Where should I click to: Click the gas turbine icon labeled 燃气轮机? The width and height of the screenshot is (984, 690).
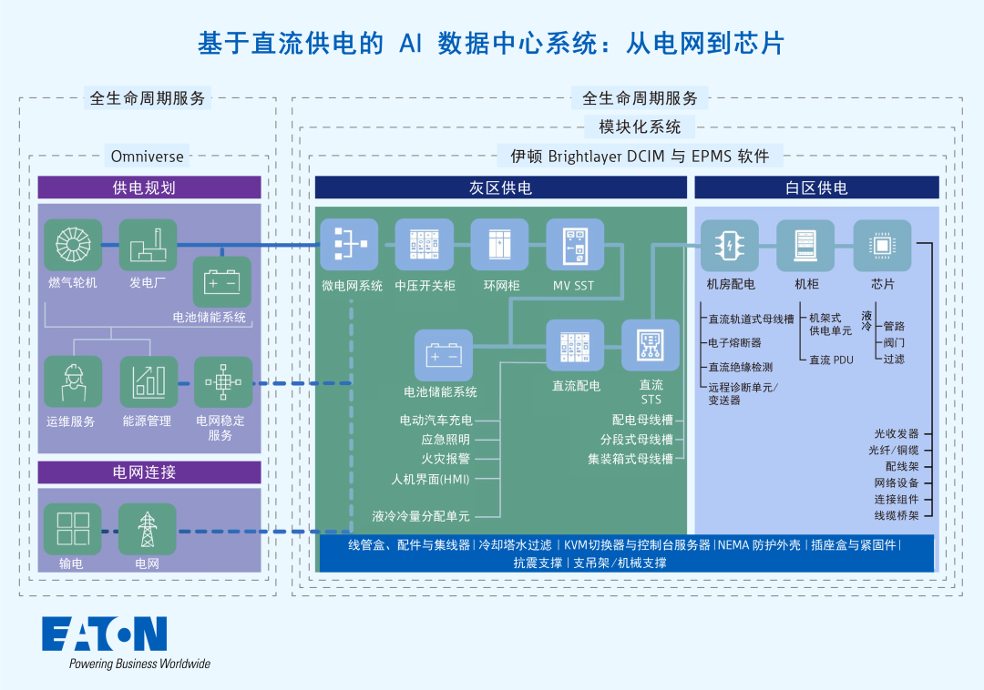coord(73,245)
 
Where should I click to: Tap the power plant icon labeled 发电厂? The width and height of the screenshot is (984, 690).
coord(148,245)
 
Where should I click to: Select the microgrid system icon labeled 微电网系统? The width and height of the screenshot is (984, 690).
coord(348,245)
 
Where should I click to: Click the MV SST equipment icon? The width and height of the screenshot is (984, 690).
coord(574,245)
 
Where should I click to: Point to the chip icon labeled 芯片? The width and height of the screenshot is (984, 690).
coord(882,245)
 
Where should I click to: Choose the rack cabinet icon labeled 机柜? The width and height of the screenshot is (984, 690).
coord(805,245)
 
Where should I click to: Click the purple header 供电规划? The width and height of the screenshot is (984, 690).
coord(149,188)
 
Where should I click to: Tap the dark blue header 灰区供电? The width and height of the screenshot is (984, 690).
coord(500,188)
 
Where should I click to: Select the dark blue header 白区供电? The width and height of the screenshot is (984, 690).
coord(816,188)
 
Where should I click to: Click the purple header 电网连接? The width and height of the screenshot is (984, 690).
coord(149,472)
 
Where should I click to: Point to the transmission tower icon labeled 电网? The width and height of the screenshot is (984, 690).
coord(148,529)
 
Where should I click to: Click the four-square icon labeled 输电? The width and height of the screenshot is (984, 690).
coord(73,529)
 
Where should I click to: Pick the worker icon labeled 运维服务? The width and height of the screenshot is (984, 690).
coord(73,381)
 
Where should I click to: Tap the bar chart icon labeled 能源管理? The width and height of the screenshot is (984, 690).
coord(148,381)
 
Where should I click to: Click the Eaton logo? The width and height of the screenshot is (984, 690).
coord(105,634)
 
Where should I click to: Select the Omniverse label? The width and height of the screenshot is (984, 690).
coord(148,156)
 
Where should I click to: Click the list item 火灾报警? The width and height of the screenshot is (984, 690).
coord(446,460)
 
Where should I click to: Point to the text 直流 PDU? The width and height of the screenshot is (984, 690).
coord(831,360)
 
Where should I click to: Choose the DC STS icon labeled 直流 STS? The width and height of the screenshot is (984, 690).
coord(651,345)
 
